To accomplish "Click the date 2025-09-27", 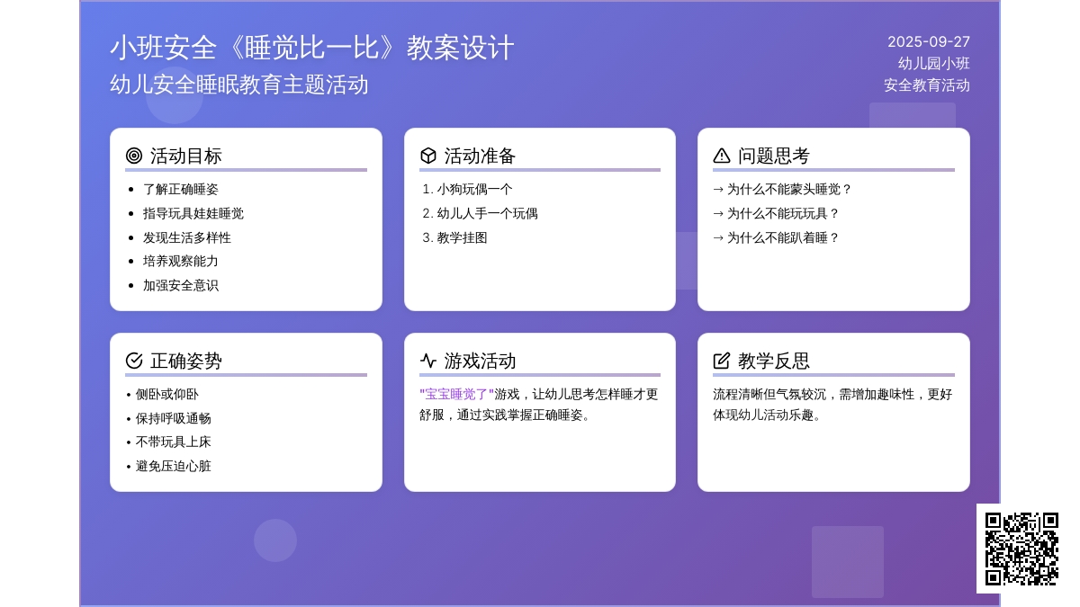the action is (928, 42).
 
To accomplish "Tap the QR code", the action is (1021, 549).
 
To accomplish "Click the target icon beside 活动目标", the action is (134, 156).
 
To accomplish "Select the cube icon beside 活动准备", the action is (428, 156).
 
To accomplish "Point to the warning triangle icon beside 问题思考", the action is (721, 156).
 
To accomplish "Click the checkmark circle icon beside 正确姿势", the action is (134, 361).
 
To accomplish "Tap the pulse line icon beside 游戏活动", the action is (428, 361).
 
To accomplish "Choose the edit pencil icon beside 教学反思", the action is (721, 361).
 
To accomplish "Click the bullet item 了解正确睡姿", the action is (180, 190).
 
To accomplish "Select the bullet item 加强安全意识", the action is (180, 286).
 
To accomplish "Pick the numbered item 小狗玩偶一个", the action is (474, 190).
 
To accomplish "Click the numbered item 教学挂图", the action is (462, 237).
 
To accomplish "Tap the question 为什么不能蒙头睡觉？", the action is (788, 190).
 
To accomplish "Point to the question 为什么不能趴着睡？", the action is (783, 237).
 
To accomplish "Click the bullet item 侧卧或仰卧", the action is (166, 395).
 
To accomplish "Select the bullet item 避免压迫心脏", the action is (173, 467).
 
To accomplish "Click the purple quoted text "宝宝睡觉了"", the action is (456, 395).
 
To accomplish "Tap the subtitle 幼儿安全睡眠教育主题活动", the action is (239, 85).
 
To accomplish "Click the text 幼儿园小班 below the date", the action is (933, 64).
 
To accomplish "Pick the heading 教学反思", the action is (773, 361).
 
